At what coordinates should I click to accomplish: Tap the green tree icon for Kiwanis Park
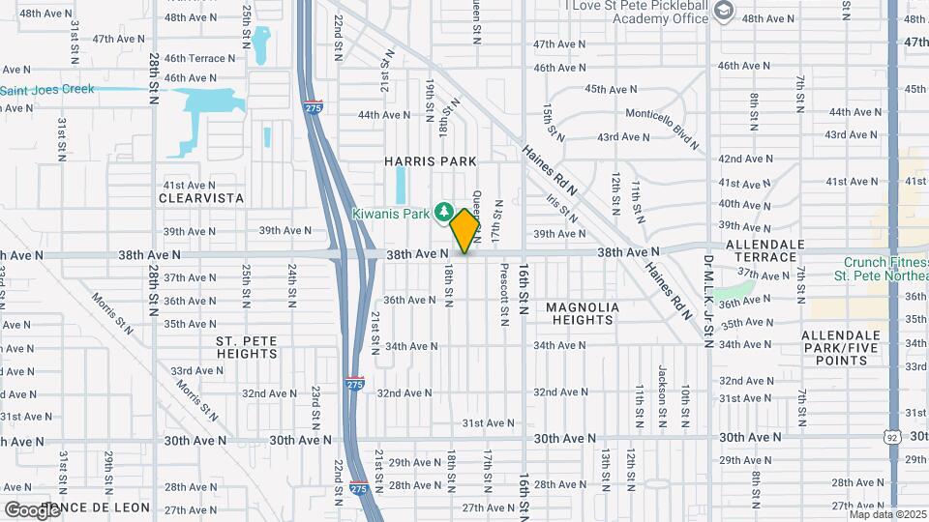[444, 211]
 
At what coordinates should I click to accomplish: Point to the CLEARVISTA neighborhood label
[202, 198]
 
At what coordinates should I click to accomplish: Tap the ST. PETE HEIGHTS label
[247, 347]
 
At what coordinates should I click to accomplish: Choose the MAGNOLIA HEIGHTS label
[583, 314]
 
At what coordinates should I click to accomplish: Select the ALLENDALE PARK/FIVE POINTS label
[834, 347]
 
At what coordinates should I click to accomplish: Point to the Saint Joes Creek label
[47, 90]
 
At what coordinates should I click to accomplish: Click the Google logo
[31, 509]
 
